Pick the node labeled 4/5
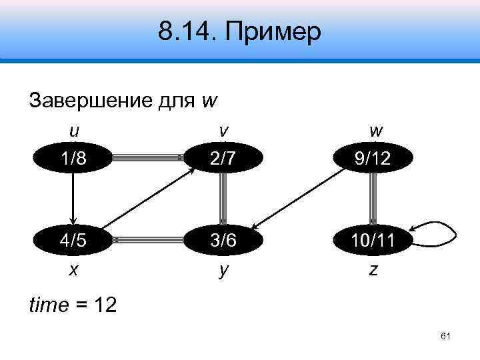pos(73,238)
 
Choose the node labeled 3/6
pos(222,238)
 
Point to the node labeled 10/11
pos(373,238)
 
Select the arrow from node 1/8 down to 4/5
pos(73,197)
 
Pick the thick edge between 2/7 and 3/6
pos(222,197)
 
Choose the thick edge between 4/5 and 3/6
pos(148,238)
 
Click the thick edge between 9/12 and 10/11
pos(373,197)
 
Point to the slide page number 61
pos(446,337)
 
